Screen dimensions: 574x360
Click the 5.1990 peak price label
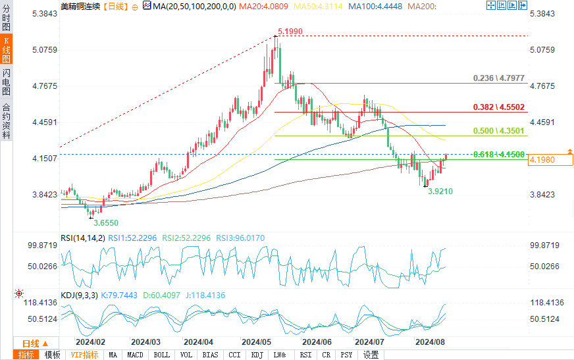[x=290, y=32]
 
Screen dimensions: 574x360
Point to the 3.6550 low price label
[x=106, y=223]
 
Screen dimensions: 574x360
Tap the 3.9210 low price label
[x=440, y=192]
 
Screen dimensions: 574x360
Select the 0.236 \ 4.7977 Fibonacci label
[x=499, y=78]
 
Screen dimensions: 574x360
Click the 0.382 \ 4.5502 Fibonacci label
[x=499, y=107]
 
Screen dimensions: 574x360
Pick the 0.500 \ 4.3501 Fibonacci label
[x=499, y=131]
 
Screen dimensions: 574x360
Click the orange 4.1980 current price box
[x=550, y=159]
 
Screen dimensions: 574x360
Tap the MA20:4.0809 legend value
[x=263, y=7]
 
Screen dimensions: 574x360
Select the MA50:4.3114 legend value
[x=318, y=7]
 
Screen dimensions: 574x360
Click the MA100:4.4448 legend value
[x=375, y=7]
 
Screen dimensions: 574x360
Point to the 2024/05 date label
[x=256, y=342]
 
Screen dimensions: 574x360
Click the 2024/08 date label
[x=430, y=342]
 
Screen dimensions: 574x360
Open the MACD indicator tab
[x=135, y=355]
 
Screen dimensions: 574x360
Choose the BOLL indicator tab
[x=161, y=355]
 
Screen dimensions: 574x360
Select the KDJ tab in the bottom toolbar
[x=257, y=355]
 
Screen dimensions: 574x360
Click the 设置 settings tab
[x=371, y=355]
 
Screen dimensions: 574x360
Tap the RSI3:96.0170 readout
[x=240, y=238]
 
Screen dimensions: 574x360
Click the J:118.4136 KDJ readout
[x=205, y=296]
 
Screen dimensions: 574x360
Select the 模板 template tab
[x=53, y=355]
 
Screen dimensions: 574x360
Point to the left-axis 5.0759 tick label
[x=45, y=50]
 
